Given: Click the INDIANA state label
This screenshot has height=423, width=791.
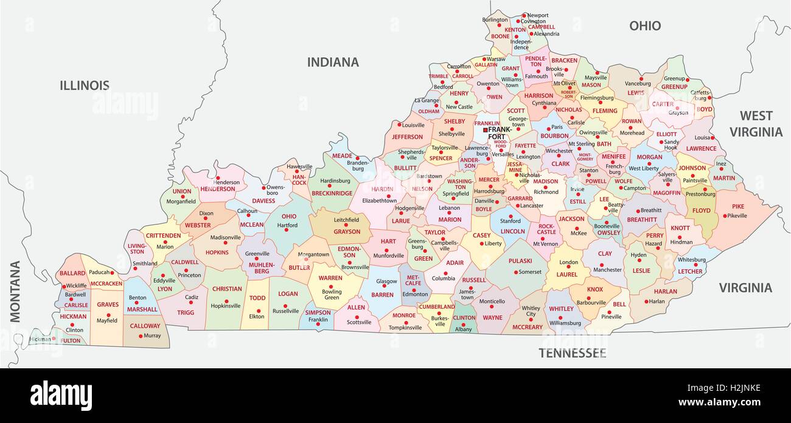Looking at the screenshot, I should point(333,62).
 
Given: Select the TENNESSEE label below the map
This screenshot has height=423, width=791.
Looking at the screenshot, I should point(572,353).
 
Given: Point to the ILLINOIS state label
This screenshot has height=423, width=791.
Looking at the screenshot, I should point(85,86).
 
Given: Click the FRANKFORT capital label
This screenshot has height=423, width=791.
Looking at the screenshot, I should point(500,133).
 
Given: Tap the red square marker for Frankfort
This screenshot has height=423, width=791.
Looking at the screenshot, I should point(485,130).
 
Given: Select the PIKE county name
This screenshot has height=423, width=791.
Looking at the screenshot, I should point(738,207).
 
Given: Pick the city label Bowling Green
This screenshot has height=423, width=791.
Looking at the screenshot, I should point(332,294).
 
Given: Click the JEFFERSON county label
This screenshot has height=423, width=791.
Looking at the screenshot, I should point(407,137).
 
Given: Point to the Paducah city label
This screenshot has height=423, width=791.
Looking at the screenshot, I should point(99,273).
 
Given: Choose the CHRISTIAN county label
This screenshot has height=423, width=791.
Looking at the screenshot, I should point(227,289).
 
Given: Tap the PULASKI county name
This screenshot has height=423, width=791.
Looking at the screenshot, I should point(520,261).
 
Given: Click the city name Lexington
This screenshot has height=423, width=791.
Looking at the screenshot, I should point(528,157).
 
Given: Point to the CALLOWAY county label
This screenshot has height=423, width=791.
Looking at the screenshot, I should point(145,326).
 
